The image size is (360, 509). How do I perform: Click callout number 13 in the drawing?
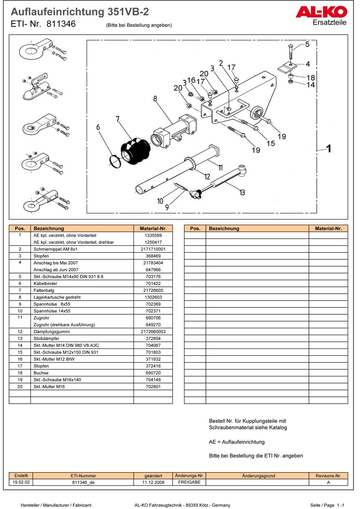pos(242,192)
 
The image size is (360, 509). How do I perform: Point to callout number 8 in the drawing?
pos(155,99)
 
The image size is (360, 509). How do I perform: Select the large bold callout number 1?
pos(329,149)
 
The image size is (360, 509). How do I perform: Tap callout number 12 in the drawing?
pos(207,176)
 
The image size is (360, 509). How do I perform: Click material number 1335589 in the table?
pos(153,235)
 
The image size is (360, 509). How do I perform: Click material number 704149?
pos(153,379)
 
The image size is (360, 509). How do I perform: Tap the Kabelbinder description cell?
pos(45,283)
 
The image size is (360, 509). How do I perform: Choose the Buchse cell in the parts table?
pos(41,373)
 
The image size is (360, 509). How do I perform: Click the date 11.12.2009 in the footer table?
pos(153,482)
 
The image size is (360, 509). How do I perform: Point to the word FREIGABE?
pos(189,482)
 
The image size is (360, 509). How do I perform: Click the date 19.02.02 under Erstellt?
pos(21,482)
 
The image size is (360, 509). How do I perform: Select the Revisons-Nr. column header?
pos(328,476)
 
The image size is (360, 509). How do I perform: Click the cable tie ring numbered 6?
pos(114,161)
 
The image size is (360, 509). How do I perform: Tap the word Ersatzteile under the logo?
pos(330,23)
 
